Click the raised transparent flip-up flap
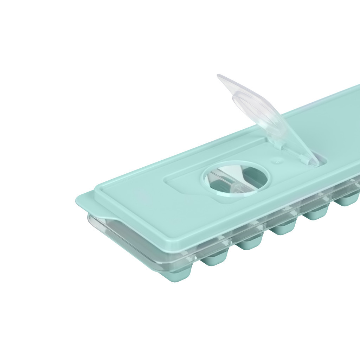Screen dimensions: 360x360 pos(267,116)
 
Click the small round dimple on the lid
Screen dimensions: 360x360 pos(277,162)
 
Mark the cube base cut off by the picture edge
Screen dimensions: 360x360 pos(348,200)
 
